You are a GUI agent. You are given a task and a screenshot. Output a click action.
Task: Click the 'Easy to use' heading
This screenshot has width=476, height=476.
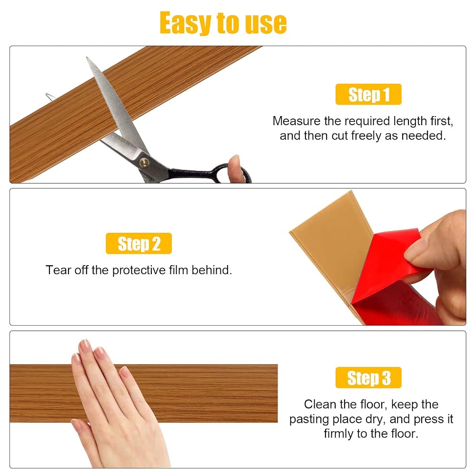pyautogui.click(x=223, y=22)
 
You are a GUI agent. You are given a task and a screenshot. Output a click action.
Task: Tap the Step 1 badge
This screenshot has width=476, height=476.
pyautogui.click(x=368, y=94)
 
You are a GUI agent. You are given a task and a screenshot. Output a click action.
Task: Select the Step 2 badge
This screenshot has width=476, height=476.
pyautogui.click(x=139, y=243)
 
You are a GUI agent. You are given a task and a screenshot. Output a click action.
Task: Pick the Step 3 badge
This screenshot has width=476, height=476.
pyautogui.click(x=368, y=377)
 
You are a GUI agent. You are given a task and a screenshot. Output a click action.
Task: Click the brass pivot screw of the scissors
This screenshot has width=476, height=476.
pyautogui.click(x=144, y=163)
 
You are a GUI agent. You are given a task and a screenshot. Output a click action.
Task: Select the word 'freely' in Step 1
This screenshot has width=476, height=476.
pyautogui.click(x=366, y=136)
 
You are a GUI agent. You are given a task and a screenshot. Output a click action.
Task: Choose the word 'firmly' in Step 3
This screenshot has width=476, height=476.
pyautogui.click(x=339, y=434)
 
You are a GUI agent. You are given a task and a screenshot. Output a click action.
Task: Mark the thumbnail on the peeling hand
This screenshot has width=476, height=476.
pyautogui.click(x=415, y=252)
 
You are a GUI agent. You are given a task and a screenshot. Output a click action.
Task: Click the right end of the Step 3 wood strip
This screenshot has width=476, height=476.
pyautogui.click(x=278, y=393)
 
